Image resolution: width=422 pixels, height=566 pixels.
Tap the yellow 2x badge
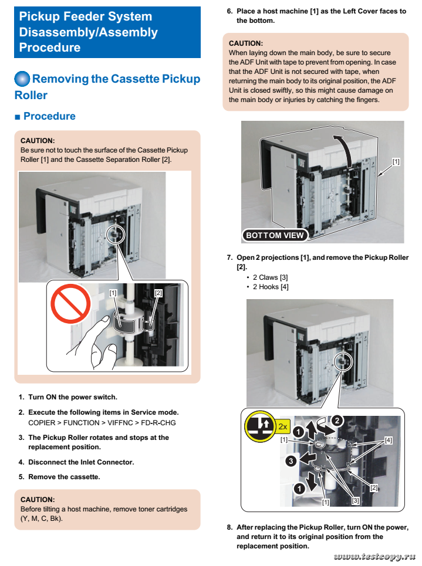tap(283, 426)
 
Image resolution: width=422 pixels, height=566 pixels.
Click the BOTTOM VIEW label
tap(275, 235)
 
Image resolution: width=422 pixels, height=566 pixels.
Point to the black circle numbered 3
tap(290, 461)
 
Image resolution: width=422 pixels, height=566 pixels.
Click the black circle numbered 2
tap(336, 420)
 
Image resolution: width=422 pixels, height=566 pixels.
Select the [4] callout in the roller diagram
tap(388, 440)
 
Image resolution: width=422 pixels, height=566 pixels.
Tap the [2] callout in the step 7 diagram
tap(374, 487)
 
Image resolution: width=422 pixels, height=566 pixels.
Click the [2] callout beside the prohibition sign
tap(158, 292)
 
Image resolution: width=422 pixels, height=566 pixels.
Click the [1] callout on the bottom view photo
tap(396, 161)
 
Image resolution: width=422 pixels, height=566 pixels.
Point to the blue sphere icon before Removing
tap(22, 79)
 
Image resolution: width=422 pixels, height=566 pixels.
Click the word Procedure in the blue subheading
tap(49, 116)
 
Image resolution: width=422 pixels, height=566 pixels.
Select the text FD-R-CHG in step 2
tap(159, 422)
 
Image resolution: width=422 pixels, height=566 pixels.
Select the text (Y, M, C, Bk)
tap(42, 518)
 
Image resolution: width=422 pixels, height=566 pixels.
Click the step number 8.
tap(229, 527)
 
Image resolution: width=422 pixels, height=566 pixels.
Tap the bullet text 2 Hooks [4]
tap(271, 287)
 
